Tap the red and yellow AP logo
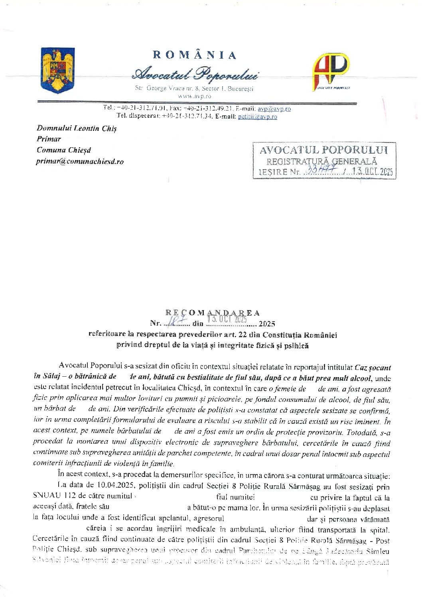coord(331,71)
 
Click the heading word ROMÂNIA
coord(195,55)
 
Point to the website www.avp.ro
coord(195,96)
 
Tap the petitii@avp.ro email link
coord(257,117)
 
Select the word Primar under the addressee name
coord(49,139)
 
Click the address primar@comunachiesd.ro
coord(80,161)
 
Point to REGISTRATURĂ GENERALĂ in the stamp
coord(321,161)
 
